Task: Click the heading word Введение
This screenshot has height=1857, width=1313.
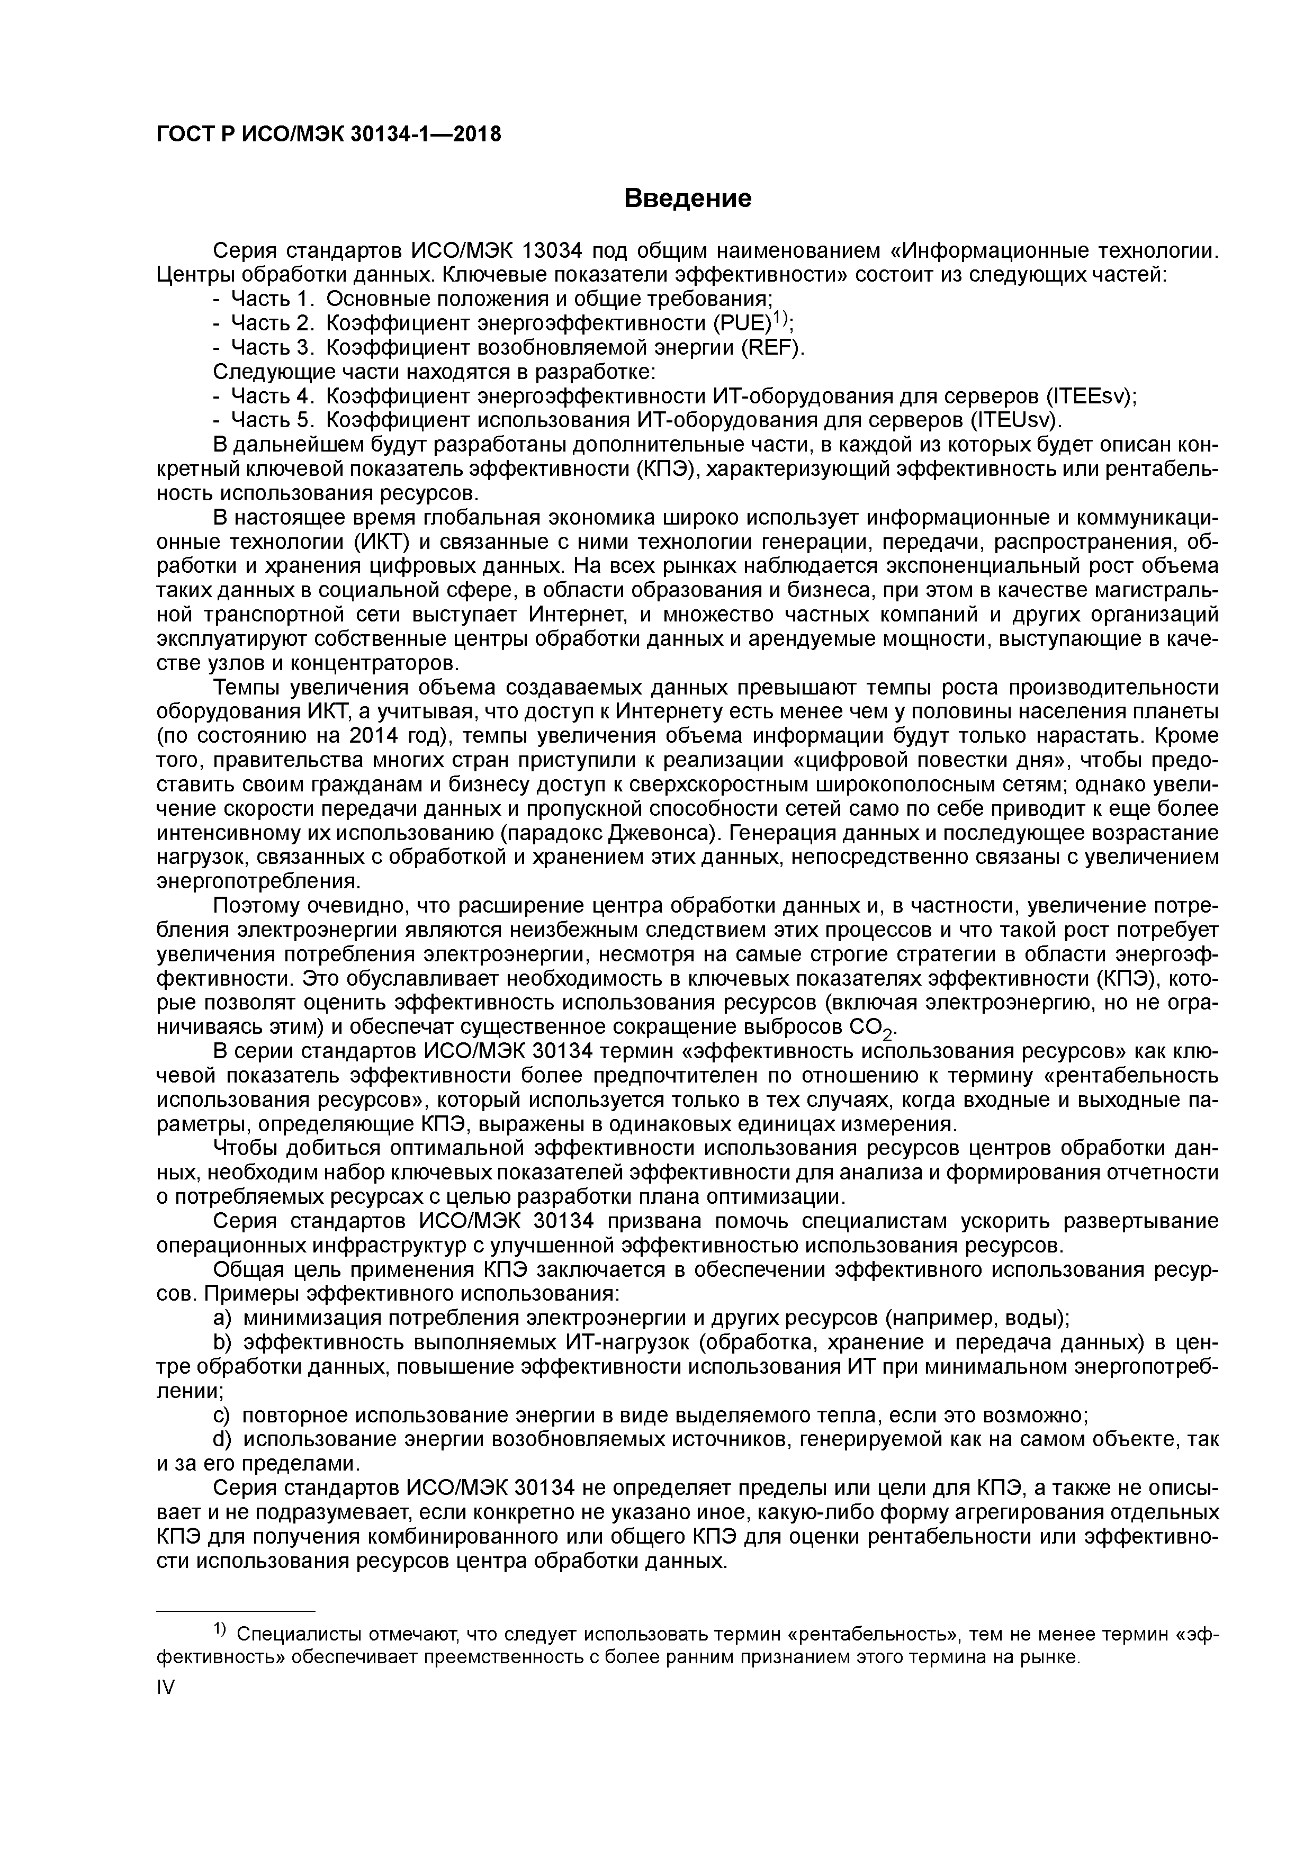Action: (688, 198)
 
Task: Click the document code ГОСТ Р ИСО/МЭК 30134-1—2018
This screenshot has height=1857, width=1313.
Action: (328, 134)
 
